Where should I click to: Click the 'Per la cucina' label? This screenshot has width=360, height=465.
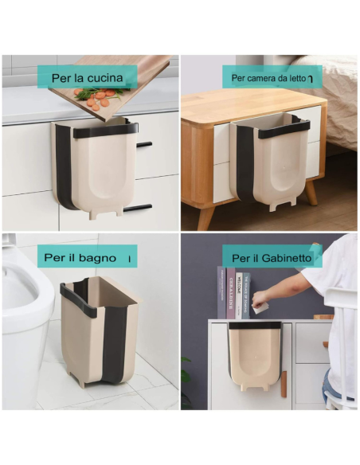(x=87, y=77)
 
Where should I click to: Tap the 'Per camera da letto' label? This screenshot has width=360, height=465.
(x=272, y=77)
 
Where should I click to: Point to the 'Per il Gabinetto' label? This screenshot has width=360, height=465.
(x=272, y=258)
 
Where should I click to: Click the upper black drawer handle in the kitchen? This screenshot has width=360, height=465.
(x=144, y=145)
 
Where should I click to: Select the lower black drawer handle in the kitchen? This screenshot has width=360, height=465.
(x=137, y=208)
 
